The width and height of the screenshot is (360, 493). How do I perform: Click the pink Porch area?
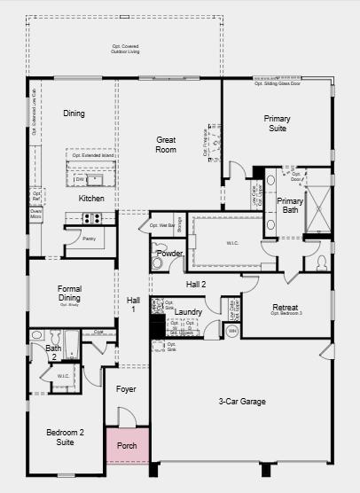[x=127, y=444]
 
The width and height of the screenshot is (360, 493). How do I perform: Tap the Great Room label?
[x=166, y=145]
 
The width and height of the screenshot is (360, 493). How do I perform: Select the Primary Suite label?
[x=277, y=123]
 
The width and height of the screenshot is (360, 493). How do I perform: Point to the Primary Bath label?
[x=290, y=206]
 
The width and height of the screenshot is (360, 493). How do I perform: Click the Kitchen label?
[x=91, y=199]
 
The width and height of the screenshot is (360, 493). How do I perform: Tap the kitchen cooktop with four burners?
[x=93, y=218]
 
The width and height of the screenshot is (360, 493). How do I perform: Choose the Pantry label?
[x=89, y=239]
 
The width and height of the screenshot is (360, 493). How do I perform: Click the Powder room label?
[x=169, y=254]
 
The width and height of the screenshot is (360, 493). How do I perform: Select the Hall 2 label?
[x=196, y=284]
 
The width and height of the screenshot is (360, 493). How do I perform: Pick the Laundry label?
[x=188, y=312]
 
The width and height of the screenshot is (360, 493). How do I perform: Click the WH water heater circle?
[x=233, y=331]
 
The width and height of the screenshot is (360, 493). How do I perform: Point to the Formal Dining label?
[x=69, y=293]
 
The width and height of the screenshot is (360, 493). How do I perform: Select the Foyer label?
[x=126, y=389]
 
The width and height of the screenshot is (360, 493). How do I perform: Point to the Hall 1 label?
[x=133, y=304]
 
